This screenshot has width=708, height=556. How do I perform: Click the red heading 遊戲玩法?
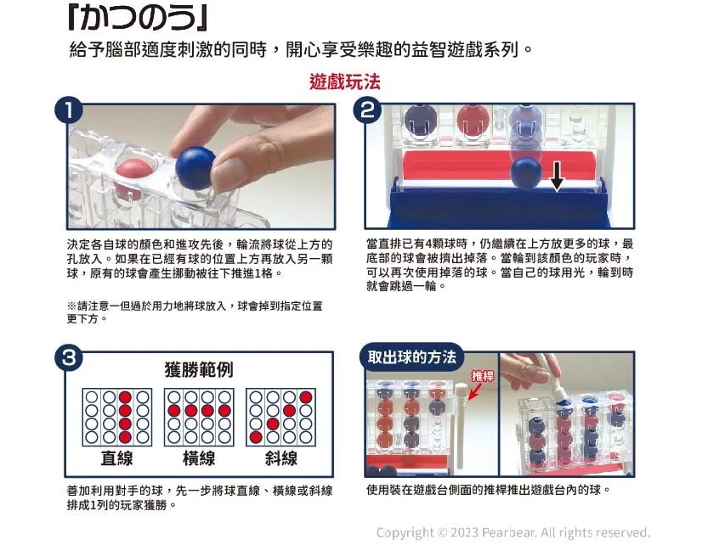[x=345, y=82]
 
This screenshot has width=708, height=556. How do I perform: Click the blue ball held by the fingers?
[x=195, y=167]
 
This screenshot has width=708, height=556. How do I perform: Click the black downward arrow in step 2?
[x=557, y=177]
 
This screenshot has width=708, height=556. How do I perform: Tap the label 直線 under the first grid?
[x=116, y=458]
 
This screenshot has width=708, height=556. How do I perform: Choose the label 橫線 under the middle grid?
[x=199, y=458]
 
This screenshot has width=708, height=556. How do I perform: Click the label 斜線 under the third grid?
[x=280, y=458]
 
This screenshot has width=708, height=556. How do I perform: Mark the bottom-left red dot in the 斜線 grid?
[x=255, y=437]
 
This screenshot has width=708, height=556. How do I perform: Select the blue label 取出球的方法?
[x=412, y=357]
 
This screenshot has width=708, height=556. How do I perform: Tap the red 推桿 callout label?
[x=483, y=375]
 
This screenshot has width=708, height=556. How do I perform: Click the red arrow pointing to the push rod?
[x=471, y=390]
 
